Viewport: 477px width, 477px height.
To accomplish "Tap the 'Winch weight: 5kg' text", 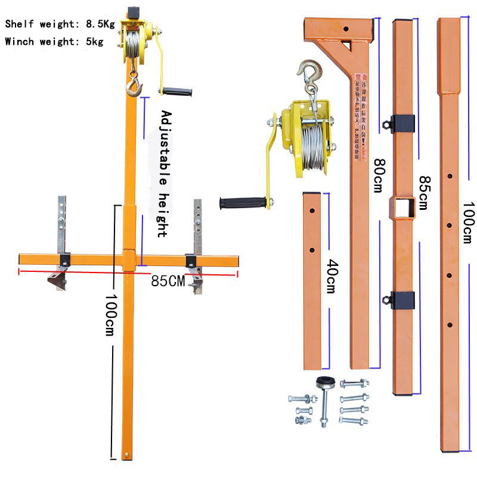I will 54,42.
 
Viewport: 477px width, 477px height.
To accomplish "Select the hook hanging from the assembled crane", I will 134,87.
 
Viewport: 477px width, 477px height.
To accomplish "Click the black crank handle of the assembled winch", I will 177,92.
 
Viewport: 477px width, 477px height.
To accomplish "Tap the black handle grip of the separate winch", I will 241,203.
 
